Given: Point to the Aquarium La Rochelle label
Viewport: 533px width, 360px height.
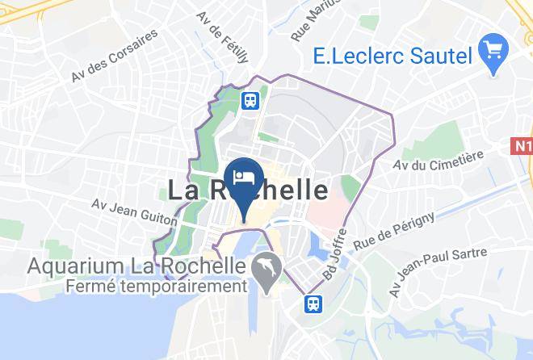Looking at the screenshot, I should (x=136, y=265).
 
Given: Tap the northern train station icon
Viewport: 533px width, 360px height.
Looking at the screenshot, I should (x=250, y=100).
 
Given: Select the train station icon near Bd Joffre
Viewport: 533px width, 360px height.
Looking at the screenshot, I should (x=312, y=303).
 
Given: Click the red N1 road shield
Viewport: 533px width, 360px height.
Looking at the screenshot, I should (x=523, y=145).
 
